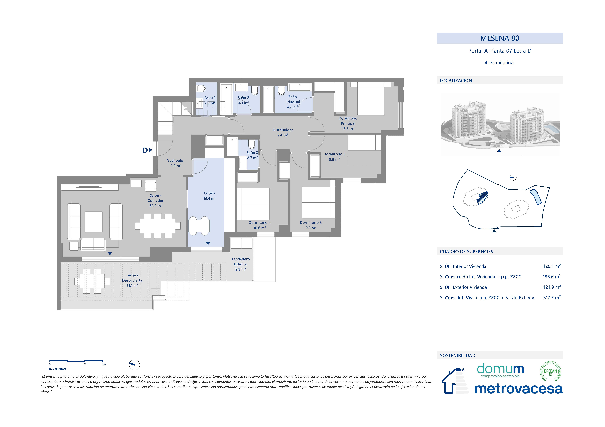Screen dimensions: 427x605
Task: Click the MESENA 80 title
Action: [x=500, y=38]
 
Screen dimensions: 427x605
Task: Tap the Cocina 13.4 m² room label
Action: [x=209, y=196]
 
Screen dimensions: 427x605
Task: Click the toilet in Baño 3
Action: [x=252, y=144]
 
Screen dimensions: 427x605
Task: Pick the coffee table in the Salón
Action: [x=94, y=222]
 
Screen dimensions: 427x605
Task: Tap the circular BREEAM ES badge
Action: [x=550, y=371]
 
